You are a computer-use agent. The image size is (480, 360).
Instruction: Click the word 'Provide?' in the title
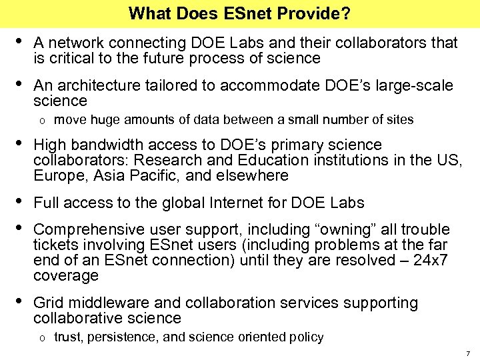point(320,13)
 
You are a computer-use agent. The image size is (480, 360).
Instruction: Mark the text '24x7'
point(433,260)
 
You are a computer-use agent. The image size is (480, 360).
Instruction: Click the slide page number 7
point(468,353)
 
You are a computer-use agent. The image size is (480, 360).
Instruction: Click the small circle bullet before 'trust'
point(41,338)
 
